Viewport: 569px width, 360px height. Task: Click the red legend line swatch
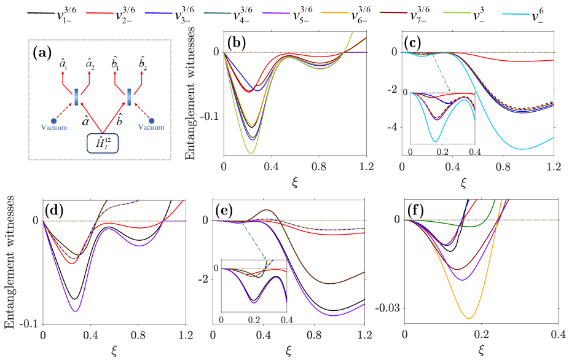[x=100, y=12]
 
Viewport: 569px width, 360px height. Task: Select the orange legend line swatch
[x=335, y=12]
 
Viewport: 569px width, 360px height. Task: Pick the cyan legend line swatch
[x=516, y=14]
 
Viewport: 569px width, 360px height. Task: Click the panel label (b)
[x=237, y=43]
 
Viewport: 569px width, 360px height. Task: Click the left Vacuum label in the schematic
[x=54, y=128]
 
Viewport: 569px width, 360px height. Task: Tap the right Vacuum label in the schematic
[x=151, y=128]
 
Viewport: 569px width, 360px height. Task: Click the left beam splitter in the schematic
[x=77, y=97]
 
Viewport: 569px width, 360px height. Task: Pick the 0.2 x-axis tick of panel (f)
[x=481, y=334]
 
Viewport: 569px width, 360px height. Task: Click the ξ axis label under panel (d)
[x=114, y=350]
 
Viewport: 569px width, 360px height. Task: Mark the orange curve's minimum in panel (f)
[x=469, y=318]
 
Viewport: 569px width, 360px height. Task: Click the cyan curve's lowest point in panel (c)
[x=522, y=149]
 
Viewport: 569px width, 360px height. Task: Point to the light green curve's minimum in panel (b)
[x=251, y=152]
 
